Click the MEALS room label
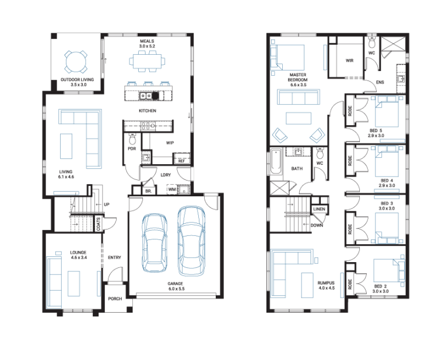tap(147, 41)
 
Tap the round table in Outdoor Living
tap(76, 62)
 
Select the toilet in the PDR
tap(132, 139)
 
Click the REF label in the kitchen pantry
tap(181, 161)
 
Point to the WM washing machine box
tap(172, 189)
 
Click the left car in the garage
tap(155, 243)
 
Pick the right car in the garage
tap(191, 241)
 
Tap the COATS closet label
tap(98, 224)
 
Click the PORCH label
tap(115, 299)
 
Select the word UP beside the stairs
tap(107, 204)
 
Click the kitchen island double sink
tap(146, 96)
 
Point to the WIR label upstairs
tap(349, 61)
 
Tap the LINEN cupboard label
tap(319, 209)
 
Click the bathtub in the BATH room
tap(276, 161)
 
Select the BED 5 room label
tap(376, 130)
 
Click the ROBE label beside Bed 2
tap(350, 284)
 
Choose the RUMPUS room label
tap(326, 283)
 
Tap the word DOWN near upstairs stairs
tap(317, 225)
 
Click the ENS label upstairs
tap(380, 82)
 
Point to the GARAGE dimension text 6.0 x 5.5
tap(176, 289)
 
